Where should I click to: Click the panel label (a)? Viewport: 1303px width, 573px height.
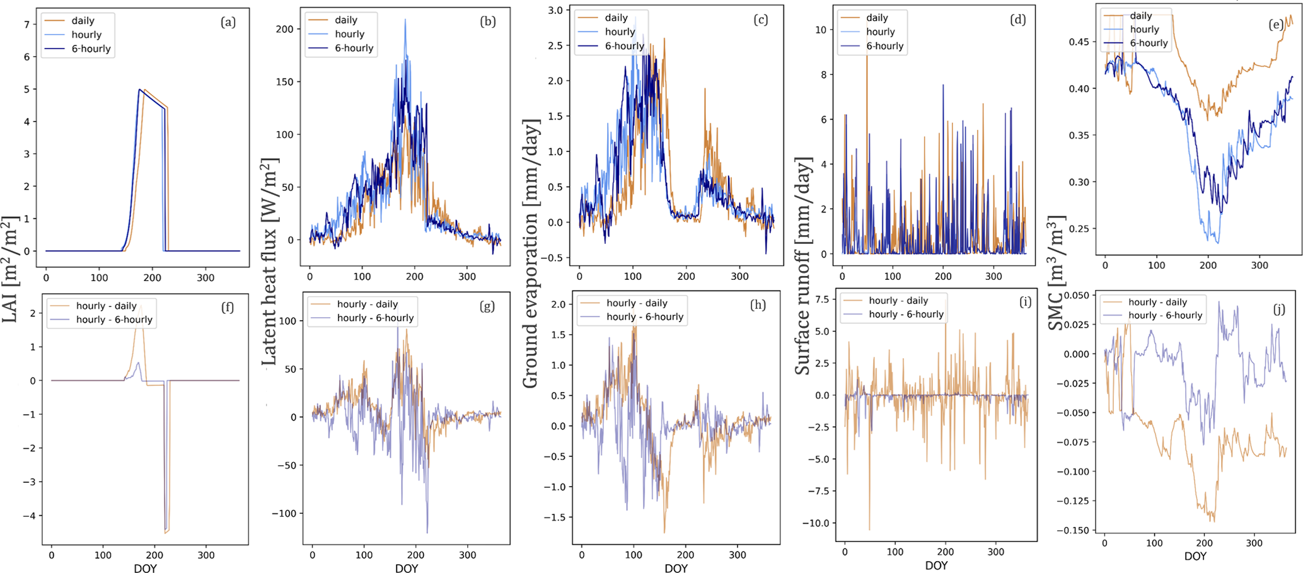[228, 23]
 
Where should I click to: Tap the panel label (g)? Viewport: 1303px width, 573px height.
[487, 306]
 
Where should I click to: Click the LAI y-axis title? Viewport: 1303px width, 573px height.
[11, 269]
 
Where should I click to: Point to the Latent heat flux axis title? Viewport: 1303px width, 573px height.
[269, 262]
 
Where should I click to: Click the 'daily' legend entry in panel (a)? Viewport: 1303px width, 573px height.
[83, 21]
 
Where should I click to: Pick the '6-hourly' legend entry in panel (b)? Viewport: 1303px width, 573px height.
[354, 48]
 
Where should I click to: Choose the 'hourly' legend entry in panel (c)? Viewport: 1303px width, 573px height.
[620, 32]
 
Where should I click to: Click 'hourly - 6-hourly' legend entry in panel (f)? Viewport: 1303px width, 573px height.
[114, 320]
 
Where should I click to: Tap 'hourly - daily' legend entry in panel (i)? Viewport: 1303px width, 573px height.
[898, 301]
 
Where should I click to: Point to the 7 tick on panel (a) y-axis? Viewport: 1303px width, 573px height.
[27, 25]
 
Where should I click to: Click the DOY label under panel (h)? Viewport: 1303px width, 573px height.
[676, 569]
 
